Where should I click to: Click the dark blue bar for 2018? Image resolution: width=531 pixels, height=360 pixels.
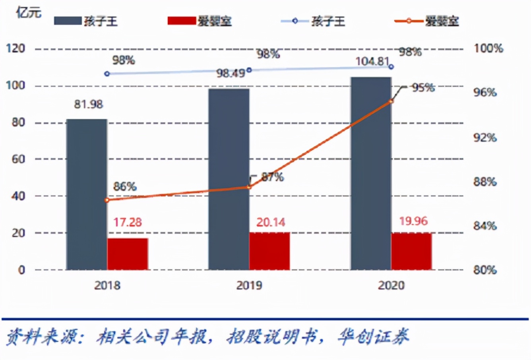click(x=87, y=194)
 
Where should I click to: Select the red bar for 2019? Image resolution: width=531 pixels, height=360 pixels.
click(x=269, y=251)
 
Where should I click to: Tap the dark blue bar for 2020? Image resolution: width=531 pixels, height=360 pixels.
click(x=371, y=173)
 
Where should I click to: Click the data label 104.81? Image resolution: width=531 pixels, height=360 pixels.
click(x=372, y=62)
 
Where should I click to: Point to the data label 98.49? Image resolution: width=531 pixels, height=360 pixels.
click(x=231, y=73)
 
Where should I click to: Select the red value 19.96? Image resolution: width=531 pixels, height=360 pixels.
click(x=413, y=221)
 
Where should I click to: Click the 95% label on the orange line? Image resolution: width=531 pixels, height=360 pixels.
click(x=423, y=87)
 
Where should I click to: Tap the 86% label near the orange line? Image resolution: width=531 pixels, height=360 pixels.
click(x=124, y=186)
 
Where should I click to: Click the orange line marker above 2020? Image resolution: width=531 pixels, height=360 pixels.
click(x=391, y=101)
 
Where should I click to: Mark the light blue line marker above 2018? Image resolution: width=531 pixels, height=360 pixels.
click(x=107, y=74)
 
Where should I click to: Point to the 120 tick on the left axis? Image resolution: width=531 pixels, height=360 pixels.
click(x=16, y=48)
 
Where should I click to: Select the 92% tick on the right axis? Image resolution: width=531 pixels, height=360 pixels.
click(x=485, y=137)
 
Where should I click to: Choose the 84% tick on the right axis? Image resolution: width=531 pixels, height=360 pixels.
click(x=485, y=226)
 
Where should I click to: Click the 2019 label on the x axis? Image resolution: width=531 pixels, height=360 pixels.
click(x=249, y=285)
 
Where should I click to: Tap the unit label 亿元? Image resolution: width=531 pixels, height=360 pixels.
click(x=29, y=13)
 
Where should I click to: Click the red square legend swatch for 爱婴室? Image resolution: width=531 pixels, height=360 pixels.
click(x=181, y=21)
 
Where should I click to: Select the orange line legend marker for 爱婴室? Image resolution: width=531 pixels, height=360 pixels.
click(x=409, y=21)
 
